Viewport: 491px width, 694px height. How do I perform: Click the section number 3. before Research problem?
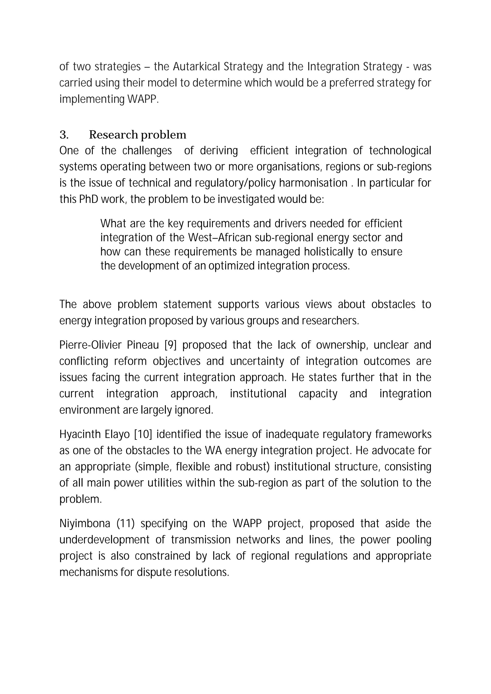pyautogui.click(x=64, y=135)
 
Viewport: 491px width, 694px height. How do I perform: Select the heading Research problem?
pyautogui.click(x=138, y=135)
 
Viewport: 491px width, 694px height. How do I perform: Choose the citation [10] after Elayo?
pyautogui.click(x=143, y=435)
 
